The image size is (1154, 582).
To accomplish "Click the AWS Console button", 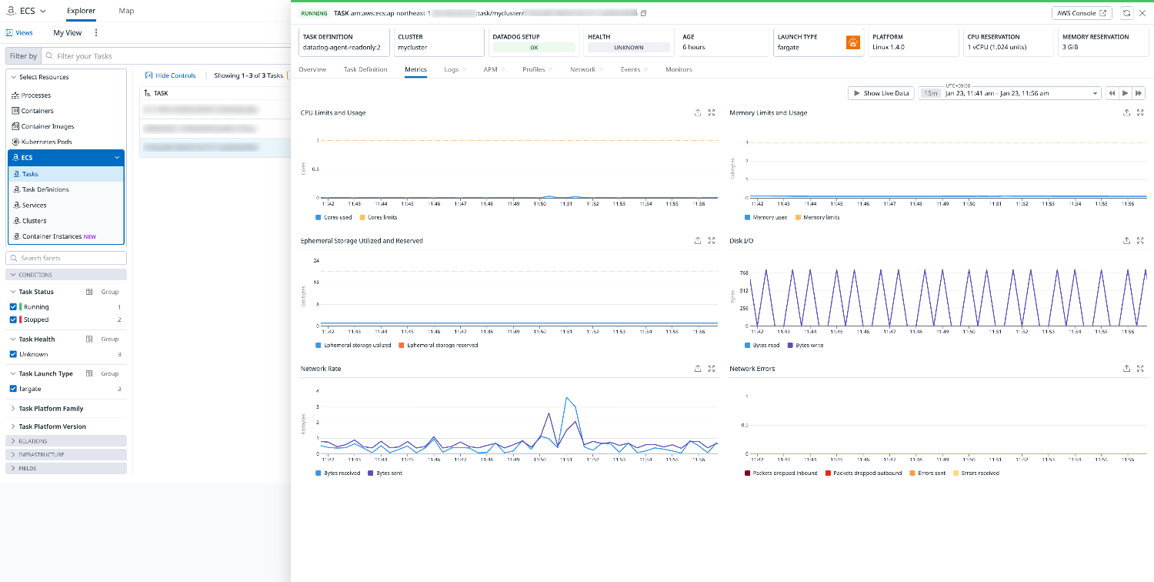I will click(x=1081, y=13).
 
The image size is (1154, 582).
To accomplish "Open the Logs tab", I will click(x=451, y=69).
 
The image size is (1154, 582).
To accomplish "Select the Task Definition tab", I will click(x=365, y=69).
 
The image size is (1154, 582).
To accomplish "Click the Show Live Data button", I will click(x=881, y=93).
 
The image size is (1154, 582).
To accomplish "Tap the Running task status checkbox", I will click(x=13, y=306).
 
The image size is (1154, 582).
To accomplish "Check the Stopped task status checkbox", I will click(x=13, y=319).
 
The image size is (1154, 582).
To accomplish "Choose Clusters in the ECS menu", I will click(x=34, y=221).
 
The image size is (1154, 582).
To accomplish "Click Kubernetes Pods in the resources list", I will click(x=47, y=142).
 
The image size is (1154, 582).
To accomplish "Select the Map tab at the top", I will click(x=126, y=11).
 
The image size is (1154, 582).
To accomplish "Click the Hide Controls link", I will click(x=171, y=75).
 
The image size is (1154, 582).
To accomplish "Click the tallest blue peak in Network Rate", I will click(x=567, y=397).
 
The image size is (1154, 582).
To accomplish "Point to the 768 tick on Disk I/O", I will click(x=743, y=273).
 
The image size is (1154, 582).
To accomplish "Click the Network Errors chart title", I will click(x=752, y=369).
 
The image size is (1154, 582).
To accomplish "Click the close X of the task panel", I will click(x=1142, y=13).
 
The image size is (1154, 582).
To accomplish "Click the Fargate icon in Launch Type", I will click(x=852, y=42).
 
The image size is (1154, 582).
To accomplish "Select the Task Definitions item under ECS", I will click(x=45, y=189).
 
